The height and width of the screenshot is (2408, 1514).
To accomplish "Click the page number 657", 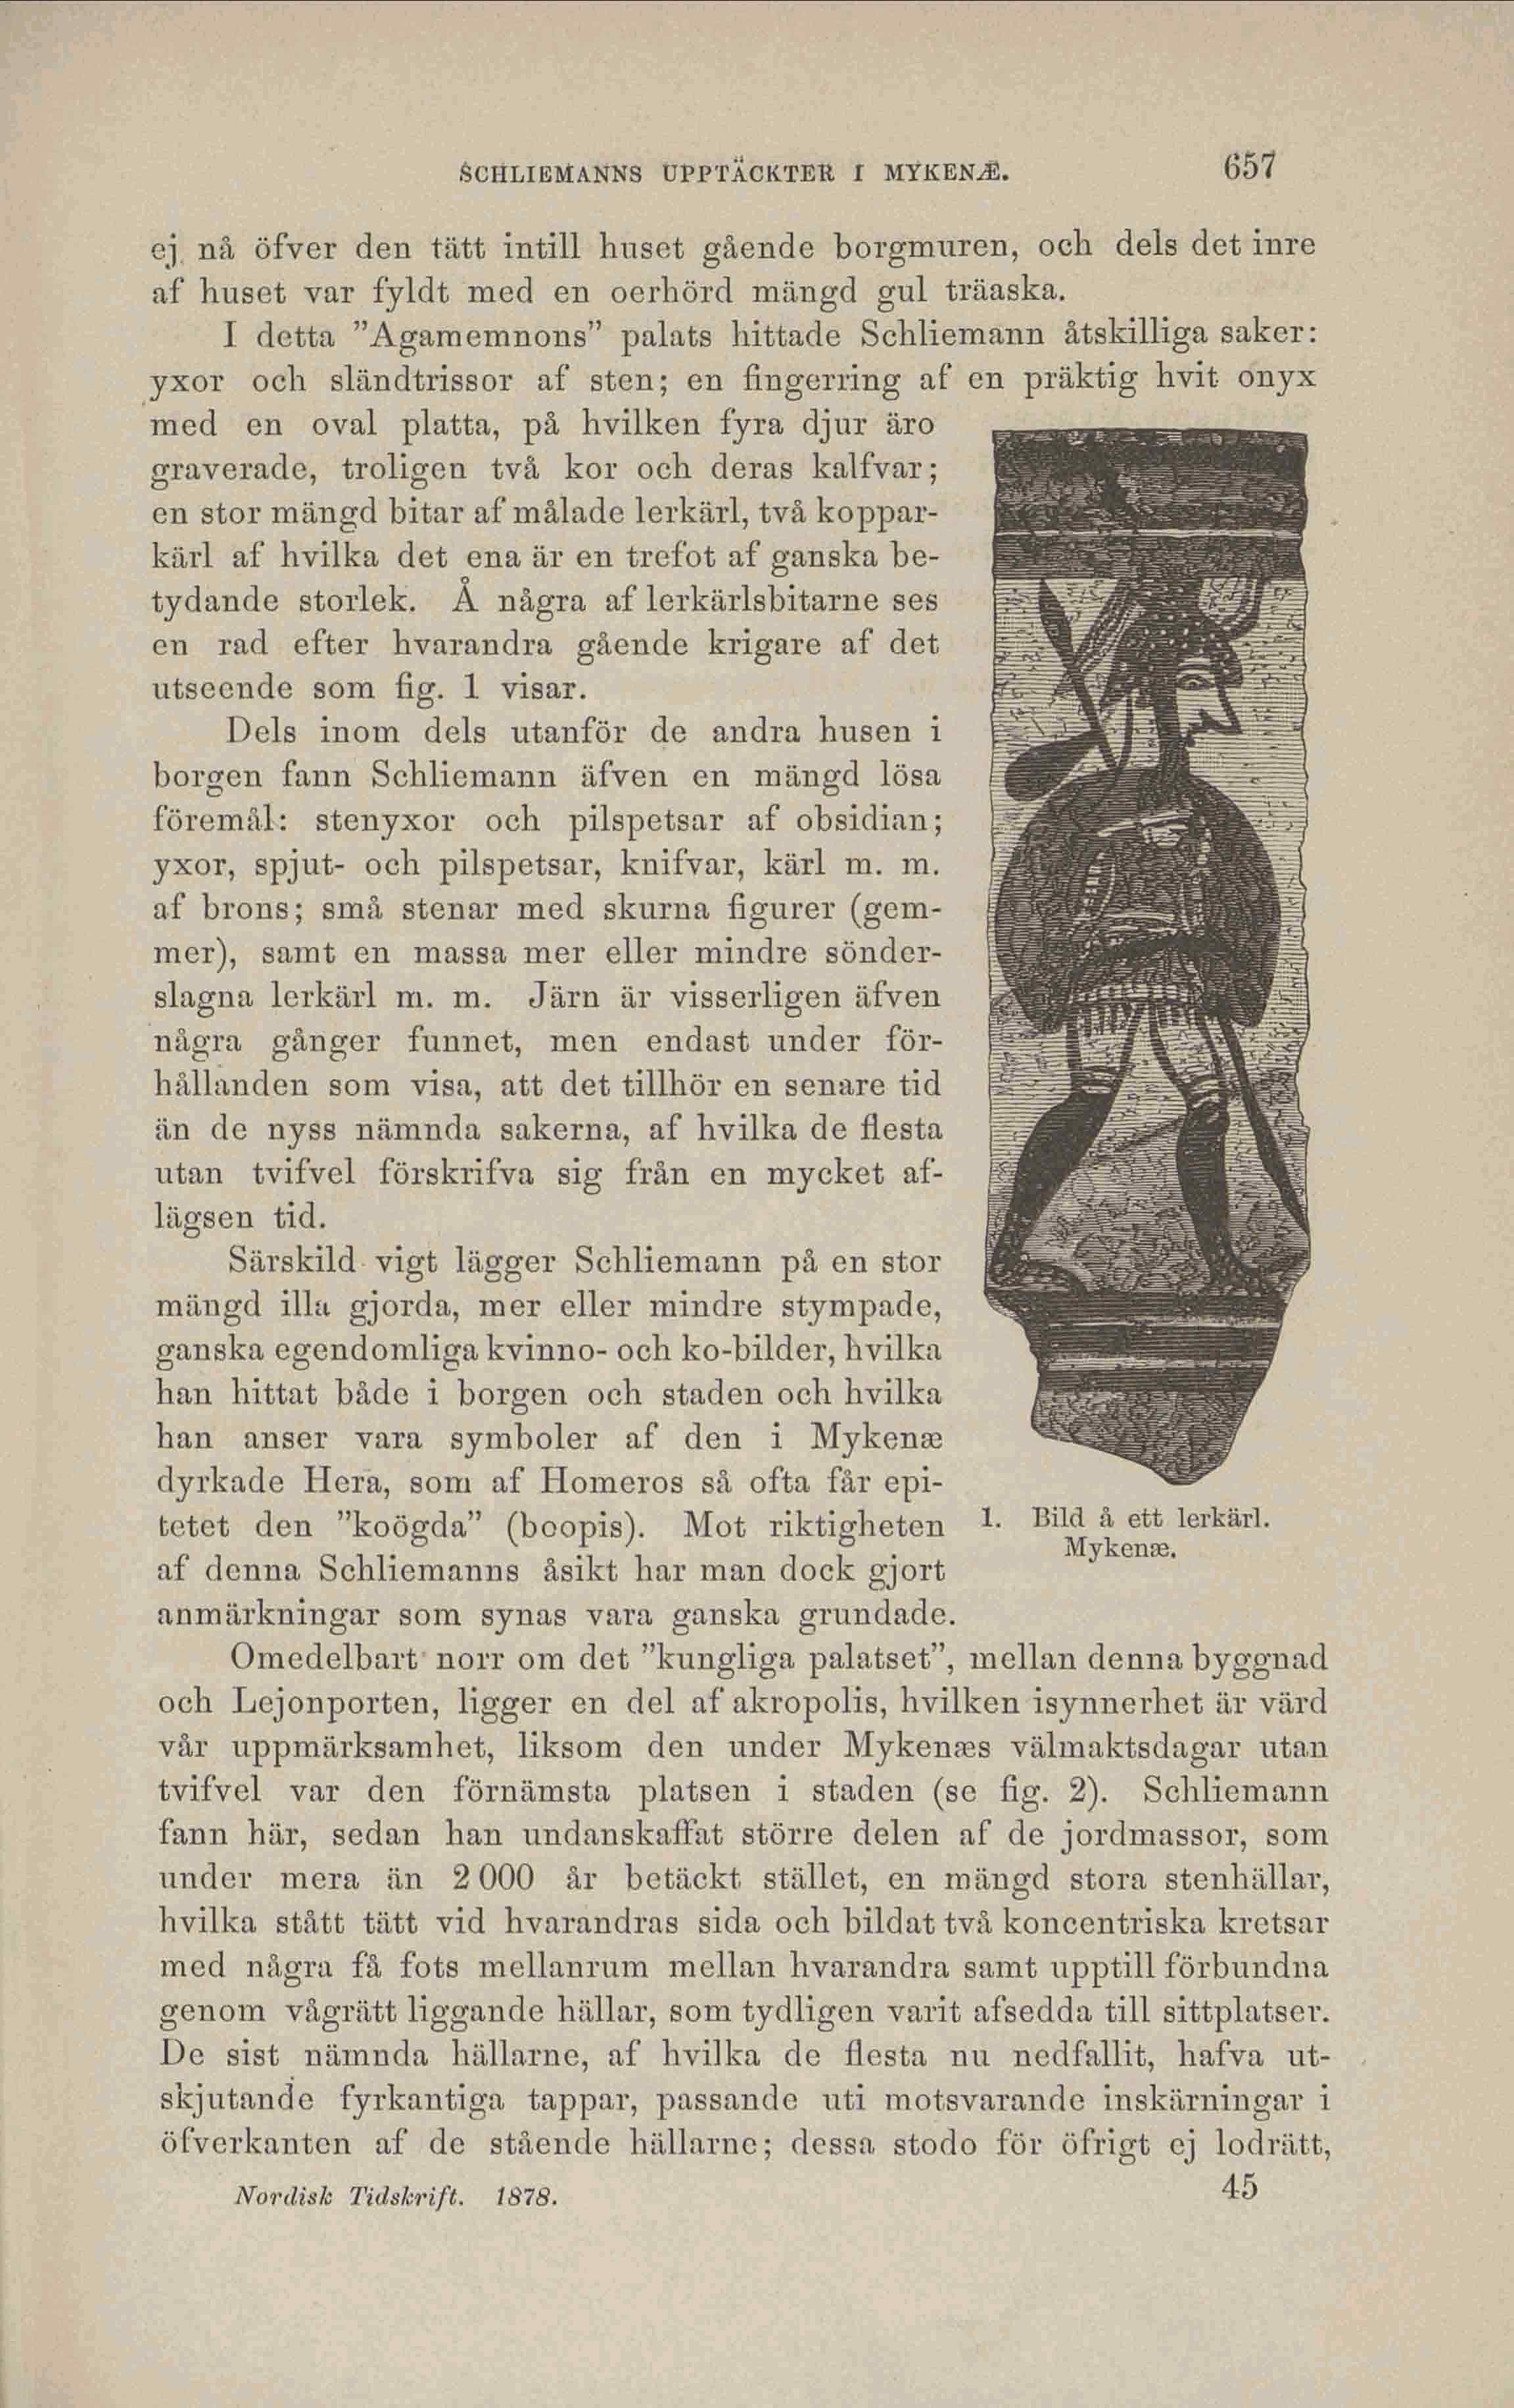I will (1238, 165).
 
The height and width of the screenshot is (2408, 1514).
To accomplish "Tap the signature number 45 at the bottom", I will (1238, 2297).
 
